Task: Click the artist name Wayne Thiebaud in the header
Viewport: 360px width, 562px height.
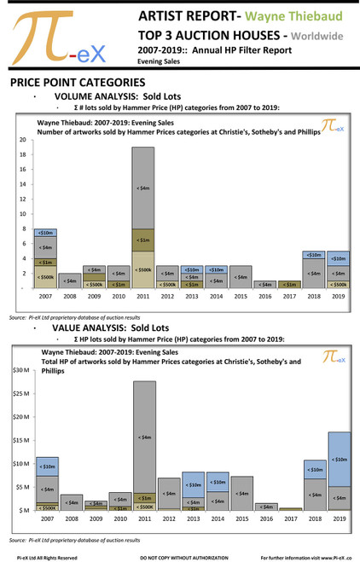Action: click(294, 16)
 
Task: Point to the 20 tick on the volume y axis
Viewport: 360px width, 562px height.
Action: click(21, 139)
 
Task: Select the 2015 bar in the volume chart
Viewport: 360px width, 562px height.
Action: click(241, 276)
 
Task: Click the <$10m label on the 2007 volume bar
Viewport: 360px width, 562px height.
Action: click(46, 232)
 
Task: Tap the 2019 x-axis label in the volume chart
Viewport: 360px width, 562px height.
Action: click(339, 296)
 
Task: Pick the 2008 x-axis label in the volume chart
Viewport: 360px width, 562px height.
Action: click(70, 296)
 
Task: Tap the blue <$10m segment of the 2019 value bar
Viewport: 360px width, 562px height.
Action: click(339, 460)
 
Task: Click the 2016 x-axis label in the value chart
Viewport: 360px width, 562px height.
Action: click(266, 519)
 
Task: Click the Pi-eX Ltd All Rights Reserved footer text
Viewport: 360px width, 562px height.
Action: click(44, 557)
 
